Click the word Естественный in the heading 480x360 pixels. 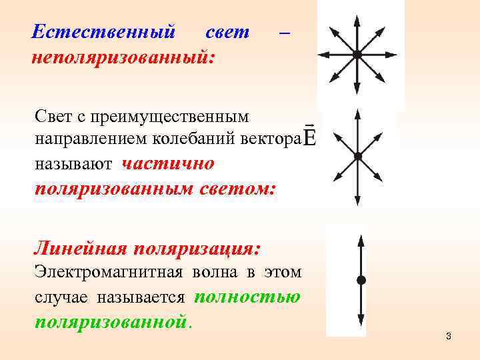104,31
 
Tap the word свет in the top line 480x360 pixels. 227,31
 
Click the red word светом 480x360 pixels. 236,187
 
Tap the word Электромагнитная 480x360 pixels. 102,272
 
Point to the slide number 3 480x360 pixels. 449,336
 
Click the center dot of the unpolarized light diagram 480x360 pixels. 357,55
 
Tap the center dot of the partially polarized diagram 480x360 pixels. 358,156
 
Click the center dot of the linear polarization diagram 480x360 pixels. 361,279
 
